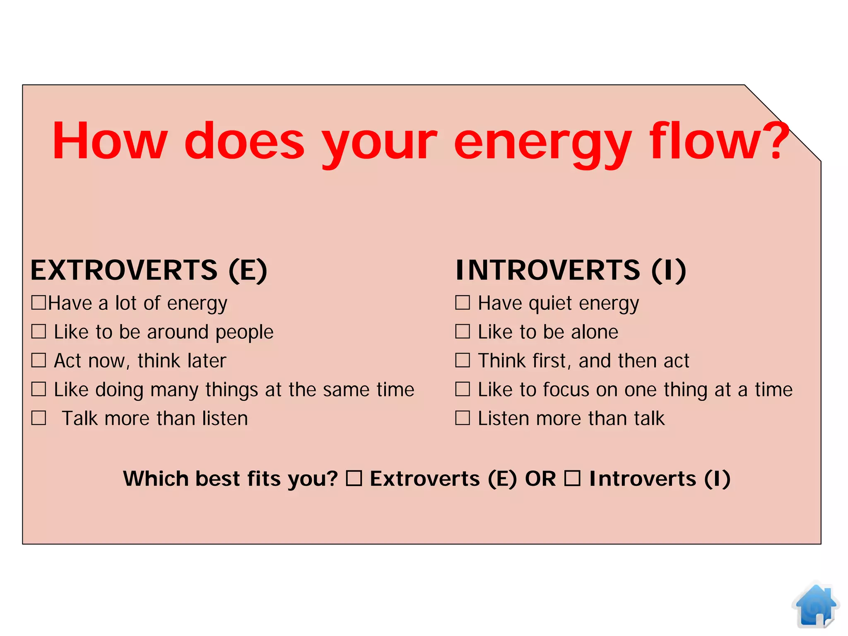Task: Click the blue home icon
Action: [815, 605]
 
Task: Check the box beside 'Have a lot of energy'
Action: [39, 303]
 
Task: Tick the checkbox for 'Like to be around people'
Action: [39, 332]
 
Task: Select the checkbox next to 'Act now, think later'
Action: [39, 360]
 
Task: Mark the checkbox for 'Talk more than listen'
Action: [39, 418]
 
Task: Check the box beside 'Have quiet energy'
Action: [463, 303]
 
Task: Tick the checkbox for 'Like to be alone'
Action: [463, 332]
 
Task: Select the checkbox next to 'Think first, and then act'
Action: [463, 360]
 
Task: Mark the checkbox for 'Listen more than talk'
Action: [463, 418]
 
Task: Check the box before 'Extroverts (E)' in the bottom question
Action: [354, 479]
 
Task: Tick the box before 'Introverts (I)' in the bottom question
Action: [573, 479]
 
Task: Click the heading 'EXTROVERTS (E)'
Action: [149, 270]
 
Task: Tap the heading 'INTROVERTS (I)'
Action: [571, 270]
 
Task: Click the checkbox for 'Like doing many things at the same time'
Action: [39, 389]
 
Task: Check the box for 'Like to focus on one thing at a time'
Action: [463, 389]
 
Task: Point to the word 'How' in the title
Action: [110, 141]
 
